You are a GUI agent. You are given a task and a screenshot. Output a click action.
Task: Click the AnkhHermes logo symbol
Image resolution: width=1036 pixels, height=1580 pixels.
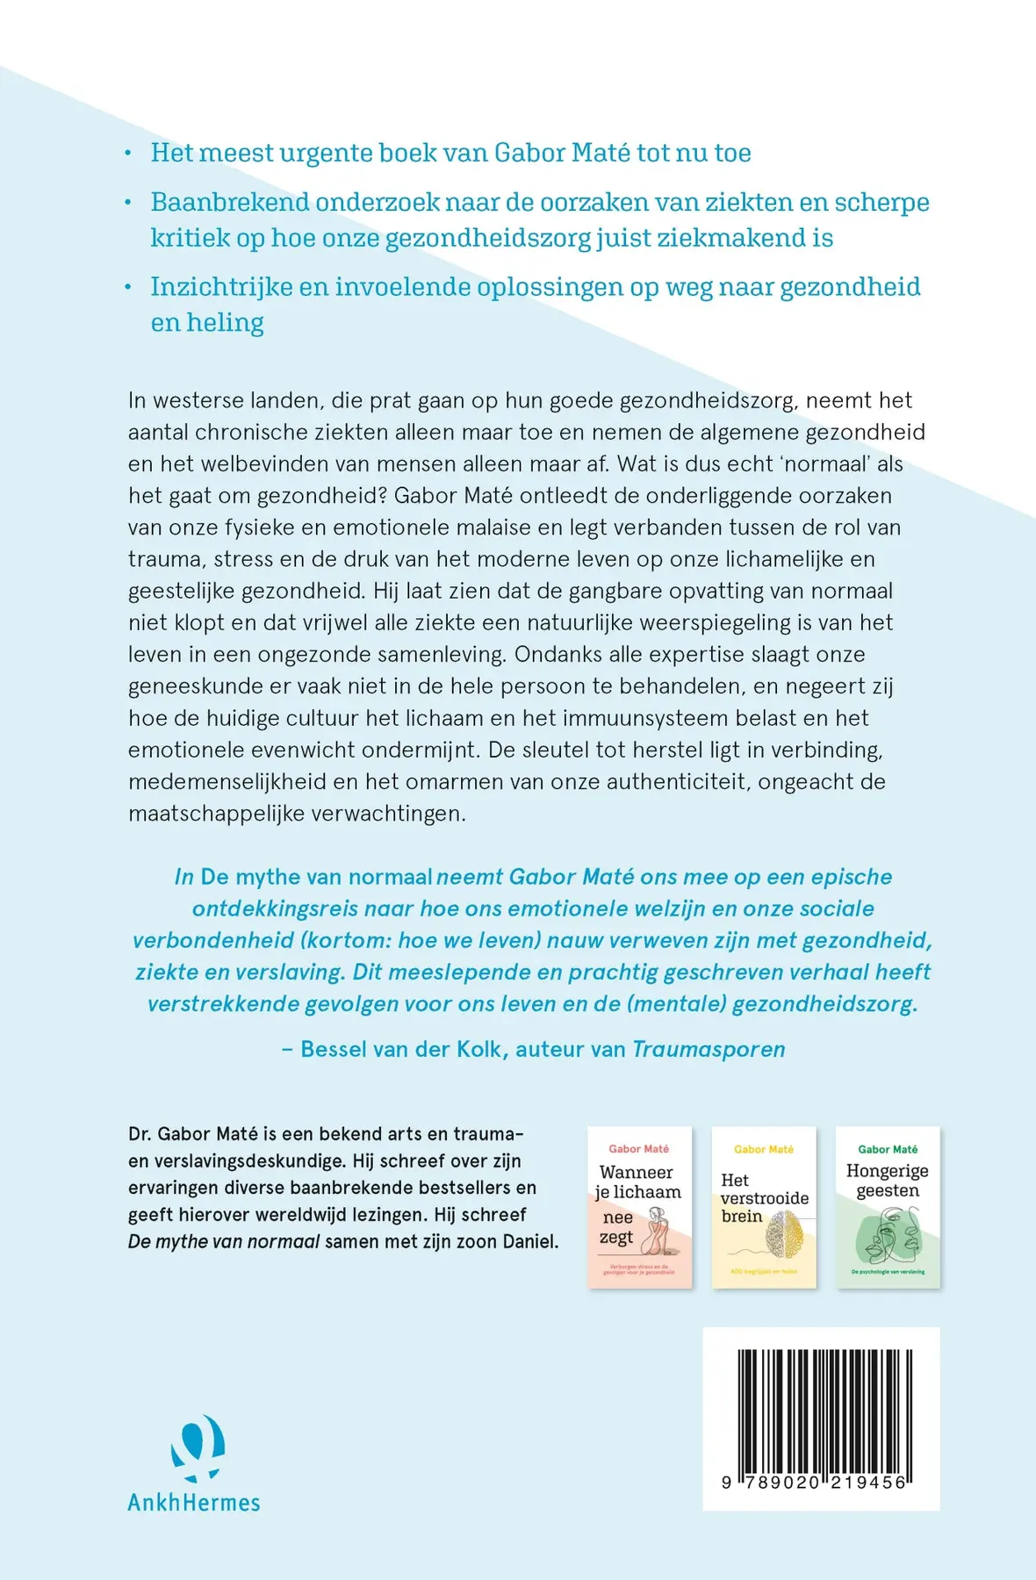pos(197,1448)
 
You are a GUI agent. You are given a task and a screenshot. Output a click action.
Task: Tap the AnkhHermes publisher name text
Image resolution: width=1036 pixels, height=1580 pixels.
pos(194,1503)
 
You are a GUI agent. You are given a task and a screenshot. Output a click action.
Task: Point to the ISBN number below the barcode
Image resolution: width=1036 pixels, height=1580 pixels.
pos(814,1482)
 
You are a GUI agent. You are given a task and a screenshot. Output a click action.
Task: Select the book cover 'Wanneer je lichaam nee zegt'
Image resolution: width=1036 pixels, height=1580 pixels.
pos(639,1207)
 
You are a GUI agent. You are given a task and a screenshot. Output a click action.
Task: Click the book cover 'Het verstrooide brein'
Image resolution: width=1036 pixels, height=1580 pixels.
pos(764,1207)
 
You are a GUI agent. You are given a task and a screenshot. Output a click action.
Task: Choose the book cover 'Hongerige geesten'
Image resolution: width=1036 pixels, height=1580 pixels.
pos(888,1207)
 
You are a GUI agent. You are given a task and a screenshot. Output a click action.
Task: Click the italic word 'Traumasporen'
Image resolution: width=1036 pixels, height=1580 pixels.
pos(709,1049)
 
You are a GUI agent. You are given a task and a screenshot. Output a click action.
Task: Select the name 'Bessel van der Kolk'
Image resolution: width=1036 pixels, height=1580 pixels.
pos(404,1049)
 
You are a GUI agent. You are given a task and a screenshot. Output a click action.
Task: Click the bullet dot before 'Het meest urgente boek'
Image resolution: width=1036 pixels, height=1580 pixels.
pos(128,154)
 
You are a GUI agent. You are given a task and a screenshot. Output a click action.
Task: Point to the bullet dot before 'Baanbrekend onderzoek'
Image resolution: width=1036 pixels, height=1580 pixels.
pos(128,203)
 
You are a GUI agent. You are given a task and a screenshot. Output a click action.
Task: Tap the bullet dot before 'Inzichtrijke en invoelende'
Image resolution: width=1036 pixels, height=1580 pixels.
pos(128,287)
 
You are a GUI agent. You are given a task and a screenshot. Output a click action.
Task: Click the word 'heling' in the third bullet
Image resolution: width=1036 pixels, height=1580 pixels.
pos(225,323)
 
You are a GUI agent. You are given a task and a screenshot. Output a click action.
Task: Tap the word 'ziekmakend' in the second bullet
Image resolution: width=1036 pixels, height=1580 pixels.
pos(718,238)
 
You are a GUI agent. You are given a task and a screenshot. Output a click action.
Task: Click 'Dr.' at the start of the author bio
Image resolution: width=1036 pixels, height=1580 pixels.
pos(140,1133)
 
